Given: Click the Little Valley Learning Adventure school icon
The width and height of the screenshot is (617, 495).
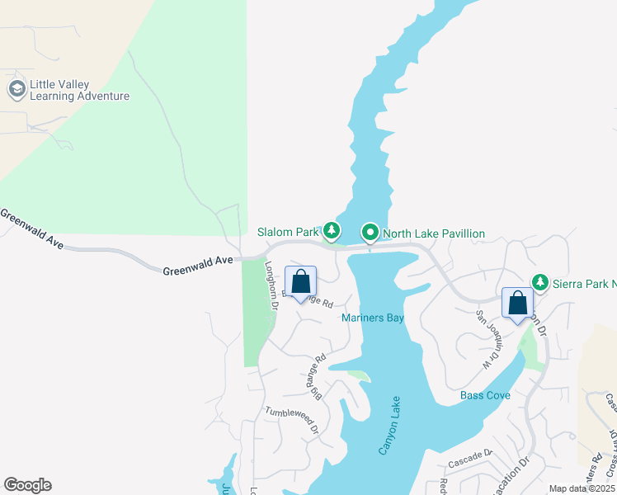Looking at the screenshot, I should [x=16, y=89].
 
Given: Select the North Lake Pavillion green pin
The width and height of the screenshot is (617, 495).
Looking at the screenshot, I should [x=371, y=233].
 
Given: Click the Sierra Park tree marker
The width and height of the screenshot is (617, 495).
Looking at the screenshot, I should [x=540, y=283].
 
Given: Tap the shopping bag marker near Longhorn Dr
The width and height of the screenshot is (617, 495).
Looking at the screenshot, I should [x=301, y=283].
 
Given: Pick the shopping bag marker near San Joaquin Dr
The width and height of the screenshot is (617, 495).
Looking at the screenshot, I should [x=517, y=303].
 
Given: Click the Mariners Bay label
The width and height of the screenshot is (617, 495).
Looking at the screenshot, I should [x=373, y=318].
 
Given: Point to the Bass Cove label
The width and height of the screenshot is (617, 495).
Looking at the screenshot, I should [x=485, y=395].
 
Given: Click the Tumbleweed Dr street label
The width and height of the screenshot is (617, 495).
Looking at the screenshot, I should [x=292, y=418].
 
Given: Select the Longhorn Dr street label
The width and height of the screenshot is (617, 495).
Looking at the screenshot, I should [x=271, y=286].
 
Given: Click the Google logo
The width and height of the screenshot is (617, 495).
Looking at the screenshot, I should [x=27, y=485].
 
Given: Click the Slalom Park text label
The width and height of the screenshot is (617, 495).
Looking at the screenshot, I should [x=287, y=233].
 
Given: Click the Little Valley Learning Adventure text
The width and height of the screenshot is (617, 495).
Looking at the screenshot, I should [x=79, y=91].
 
